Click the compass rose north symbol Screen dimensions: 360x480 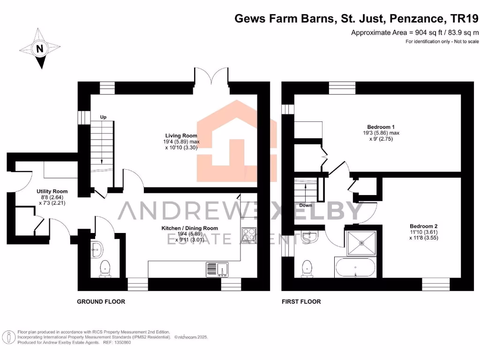click(x=40, y=48)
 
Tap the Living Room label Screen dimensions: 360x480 click(x=177, y=136)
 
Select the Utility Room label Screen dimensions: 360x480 click(x=52, y=191)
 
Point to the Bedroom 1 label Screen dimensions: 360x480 click(x=381, y=127)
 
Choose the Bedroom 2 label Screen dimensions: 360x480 click(x=423, y=225)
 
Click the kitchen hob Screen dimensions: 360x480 click(x=248, y=234)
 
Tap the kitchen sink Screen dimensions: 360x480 click(x=217, y=270)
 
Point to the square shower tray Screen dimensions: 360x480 click(x=361, y=242)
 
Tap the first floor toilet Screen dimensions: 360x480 click(x=307, y=268)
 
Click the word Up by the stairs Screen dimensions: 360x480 click(x=104, y=117)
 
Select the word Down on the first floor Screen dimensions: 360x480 click(x=306, y=205)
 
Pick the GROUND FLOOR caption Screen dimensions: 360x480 click(x=101, y=301)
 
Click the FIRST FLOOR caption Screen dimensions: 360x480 click(x=301, y=301)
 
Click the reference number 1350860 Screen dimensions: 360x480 click(x=121, y=343)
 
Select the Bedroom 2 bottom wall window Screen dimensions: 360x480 click(x=435, y=284)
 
